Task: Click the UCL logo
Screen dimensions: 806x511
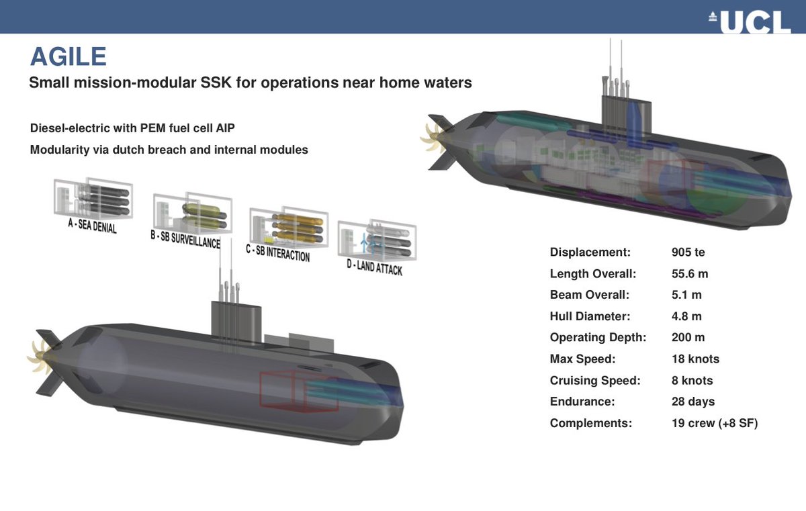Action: (x=750, y=22)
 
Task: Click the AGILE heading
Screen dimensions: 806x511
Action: (x=68, y=57)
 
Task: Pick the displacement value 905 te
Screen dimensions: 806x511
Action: (x=688, y=252)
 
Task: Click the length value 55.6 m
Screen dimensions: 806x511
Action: (x=690, y=273)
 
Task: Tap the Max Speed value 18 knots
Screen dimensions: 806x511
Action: (x=695, y=359)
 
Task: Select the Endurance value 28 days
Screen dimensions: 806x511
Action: (x=693, y=402)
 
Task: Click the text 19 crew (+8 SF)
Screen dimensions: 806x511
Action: (x=714, y=423)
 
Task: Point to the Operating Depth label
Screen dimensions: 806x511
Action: (x=598, y=337)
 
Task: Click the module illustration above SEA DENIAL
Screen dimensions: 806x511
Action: (x=93, y=197)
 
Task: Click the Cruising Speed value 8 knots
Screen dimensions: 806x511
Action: (x=692, y=380)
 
